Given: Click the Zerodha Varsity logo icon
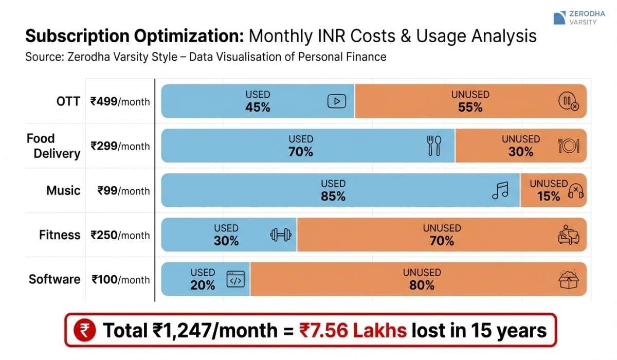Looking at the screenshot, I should click(x=559, y=18).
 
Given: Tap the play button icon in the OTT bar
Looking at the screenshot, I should click(x=337, y=101).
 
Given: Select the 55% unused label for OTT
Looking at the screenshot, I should click(x=470, y=107).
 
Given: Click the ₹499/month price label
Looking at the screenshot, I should click(x=120, y=101).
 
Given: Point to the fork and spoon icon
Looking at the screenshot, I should click(x=434, y=146).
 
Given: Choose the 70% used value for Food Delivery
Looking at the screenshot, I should click(x=301, y=152).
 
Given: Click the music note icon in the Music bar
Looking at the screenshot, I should click(x=500, y=190).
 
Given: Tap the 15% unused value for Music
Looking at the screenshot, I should click(x=548, y=196).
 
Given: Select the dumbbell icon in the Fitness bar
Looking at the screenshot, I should click(x=281, y=235).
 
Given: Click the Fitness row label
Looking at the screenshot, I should click(x=60, y=235).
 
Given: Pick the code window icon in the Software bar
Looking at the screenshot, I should click(x=235, y=279).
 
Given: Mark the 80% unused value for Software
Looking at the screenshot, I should click(x=422, y=285).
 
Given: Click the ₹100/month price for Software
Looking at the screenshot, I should click(x=121, y=280).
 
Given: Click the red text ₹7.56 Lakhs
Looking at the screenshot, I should click(x=353, y=330).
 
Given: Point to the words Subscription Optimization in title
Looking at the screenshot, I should click(x=134, y=37).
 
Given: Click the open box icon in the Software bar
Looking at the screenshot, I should click(x=569, y=279).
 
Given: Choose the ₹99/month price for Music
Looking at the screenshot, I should click(x=123, y=191).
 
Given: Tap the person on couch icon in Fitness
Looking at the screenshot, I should click(x=569, y=235).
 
